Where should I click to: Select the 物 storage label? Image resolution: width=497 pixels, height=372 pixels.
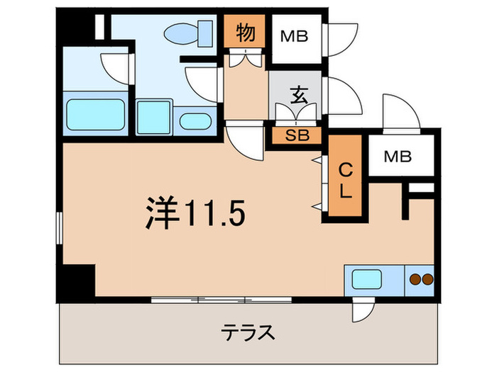pos(246,33)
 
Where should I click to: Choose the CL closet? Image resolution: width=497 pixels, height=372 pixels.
pos(344,180)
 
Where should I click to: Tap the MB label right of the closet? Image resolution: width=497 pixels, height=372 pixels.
pos(398,157)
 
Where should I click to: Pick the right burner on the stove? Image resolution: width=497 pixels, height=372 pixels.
pos(427,279)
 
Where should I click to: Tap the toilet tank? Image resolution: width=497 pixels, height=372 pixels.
pos(207,31)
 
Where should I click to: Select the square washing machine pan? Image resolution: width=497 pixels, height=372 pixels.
pos(153,115)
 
